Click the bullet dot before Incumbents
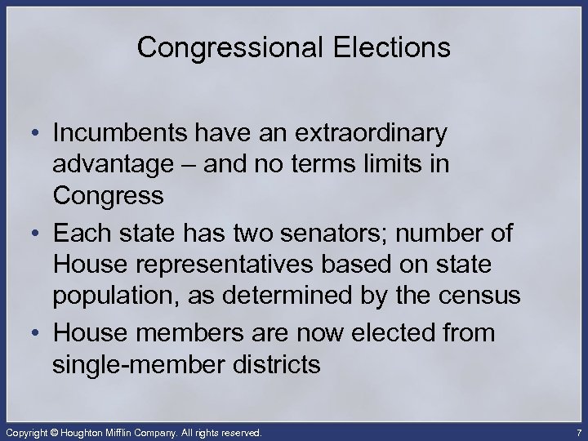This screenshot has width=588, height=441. click(38, 133)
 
